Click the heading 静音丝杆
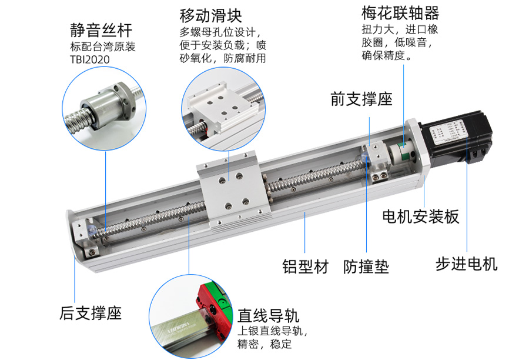(x=101, y=30)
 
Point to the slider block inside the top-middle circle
(x=218, y=109)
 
